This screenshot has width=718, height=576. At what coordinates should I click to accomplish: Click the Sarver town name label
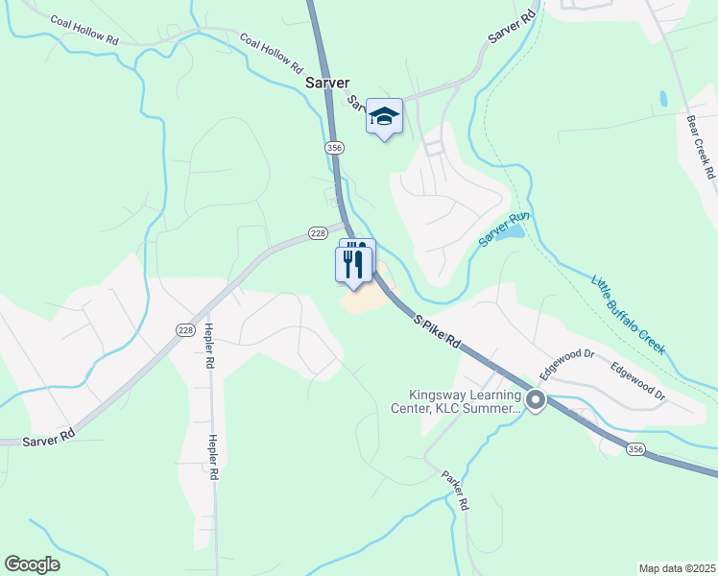point(327,83)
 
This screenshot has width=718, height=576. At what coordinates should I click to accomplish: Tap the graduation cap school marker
point(384,117)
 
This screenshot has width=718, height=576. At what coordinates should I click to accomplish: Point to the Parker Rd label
point(455,490)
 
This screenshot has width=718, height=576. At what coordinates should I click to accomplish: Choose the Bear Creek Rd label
point(701,149)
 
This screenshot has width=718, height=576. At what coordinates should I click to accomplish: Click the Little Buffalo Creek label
point(628,312)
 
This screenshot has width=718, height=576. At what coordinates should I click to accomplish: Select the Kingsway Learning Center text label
point(466,401)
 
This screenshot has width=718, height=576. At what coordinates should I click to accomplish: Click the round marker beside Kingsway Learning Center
point(536,401)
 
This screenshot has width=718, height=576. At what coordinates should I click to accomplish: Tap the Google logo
point(31,564)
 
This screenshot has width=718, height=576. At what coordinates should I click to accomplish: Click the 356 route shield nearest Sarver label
point(334,148)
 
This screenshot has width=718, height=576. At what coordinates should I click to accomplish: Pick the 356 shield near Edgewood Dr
point(634,448)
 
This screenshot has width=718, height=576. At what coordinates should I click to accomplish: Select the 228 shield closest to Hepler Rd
point(185,329)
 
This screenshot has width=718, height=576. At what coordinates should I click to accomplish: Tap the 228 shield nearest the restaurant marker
point(319,233)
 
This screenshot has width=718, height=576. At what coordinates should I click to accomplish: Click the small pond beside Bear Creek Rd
point(663,98)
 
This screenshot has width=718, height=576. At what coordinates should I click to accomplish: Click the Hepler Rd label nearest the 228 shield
point(208,346)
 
